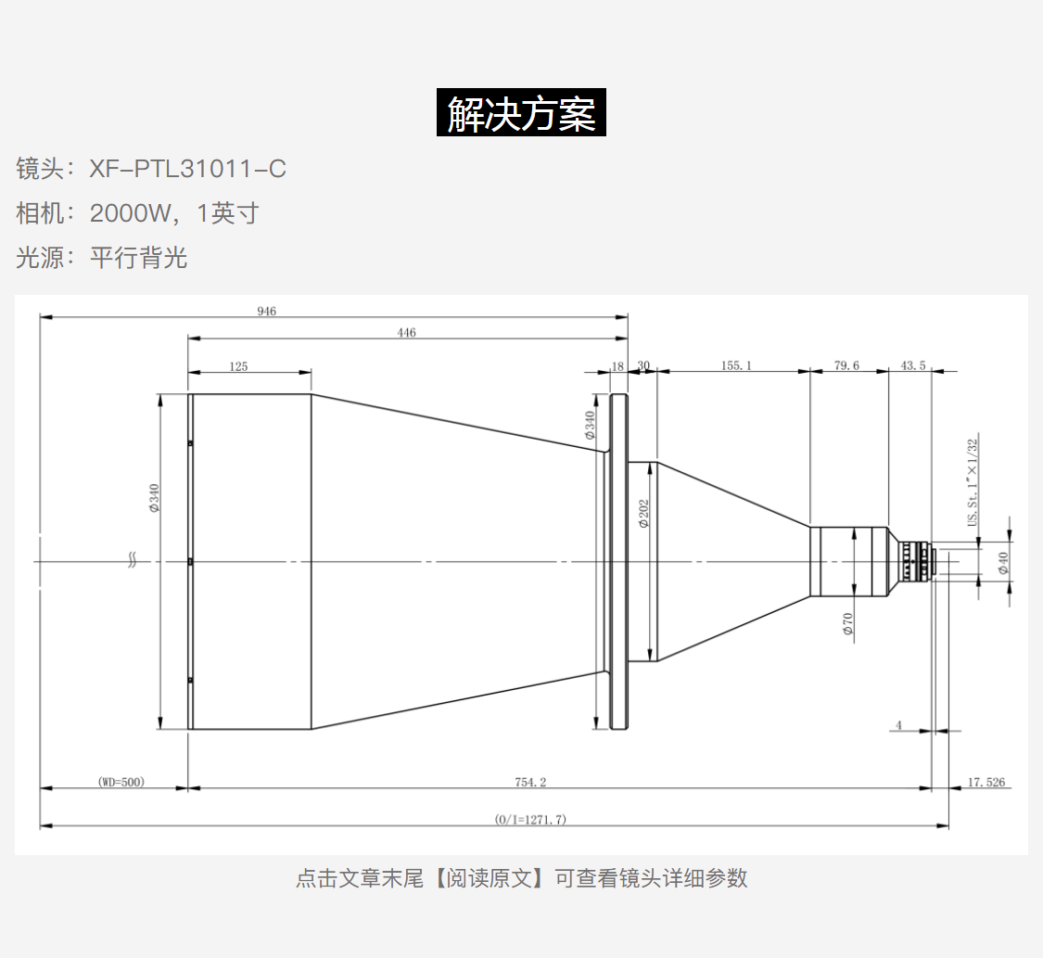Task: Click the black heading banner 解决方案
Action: (521, 112)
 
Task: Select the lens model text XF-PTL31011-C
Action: (187, 169)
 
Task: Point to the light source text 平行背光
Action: (138, 258)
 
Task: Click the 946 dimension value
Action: (267, 311)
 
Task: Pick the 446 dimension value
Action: (406, 332)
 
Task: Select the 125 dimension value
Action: (238, 366)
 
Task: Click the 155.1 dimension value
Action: (736, 365)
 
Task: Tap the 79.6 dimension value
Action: (846, 365)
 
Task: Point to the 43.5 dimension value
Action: (912, 365)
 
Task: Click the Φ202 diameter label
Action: (643, 513)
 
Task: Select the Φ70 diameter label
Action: (847, 623)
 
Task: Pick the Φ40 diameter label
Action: (1003, 563)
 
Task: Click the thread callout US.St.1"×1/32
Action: (973, 482)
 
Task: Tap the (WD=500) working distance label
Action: (121, 782)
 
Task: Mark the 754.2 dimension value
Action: (530, 782)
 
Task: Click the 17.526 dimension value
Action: (986, 782)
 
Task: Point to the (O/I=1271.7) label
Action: (530, 819)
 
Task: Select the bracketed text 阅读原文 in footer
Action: (490, 878)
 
